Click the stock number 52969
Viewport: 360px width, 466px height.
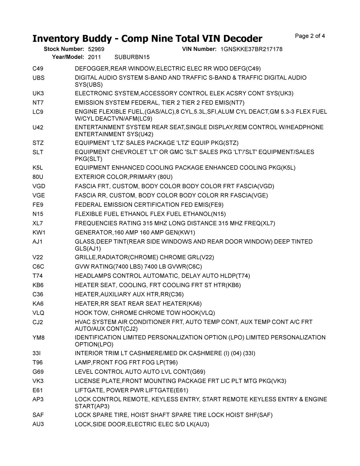96,49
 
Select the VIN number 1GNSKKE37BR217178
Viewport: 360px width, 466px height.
251,49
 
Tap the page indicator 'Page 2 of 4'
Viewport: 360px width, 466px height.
310,36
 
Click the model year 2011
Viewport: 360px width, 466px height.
94,57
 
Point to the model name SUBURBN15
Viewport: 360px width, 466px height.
132,57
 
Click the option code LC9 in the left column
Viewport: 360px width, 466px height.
38,112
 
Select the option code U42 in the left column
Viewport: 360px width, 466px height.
38,127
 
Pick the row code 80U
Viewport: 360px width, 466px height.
38,177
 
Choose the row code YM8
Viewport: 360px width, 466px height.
39,338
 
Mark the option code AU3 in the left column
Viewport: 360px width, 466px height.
38,424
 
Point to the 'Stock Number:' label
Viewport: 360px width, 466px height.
64,49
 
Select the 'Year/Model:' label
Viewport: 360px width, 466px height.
68,57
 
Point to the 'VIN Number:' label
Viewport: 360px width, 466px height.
199,49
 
